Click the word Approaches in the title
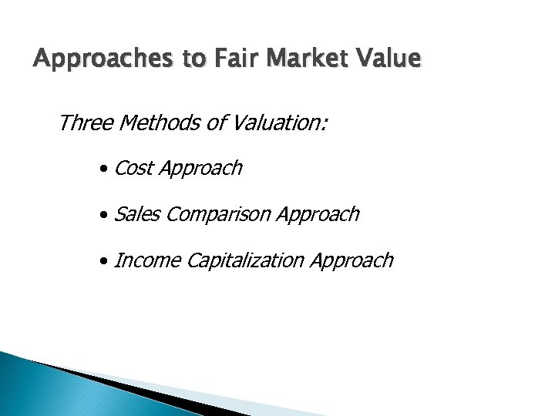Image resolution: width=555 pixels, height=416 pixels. (88, 59)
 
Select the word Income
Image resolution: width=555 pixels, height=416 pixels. (143, 260)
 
